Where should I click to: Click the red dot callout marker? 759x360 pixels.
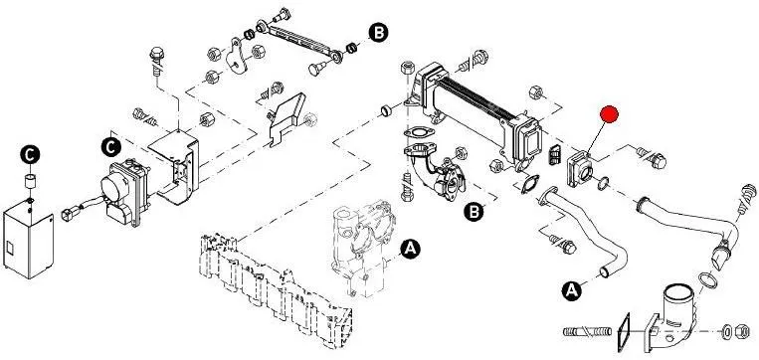coord(609,114)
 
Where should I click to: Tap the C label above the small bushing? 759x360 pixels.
coord(30,155)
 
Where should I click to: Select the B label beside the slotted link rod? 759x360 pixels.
coord(379,33)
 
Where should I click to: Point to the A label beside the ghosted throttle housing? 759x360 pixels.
coord(411,249)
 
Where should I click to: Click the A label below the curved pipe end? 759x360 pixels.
coord(572,290)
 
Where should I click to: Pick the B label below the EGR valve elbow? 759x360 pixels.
coord(474,211)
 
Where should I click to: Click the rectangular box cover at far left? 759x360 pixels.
coord(28,242)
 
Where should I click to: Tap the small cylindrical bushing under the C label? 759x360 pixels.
coord(31,182)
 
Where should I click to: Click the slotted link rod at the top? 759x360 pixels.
coord(299,40)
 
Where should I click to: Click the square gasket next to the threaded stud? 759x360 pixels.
coord(623,332)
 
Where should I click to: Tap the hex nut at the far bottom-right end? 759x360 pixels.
coord(741,332)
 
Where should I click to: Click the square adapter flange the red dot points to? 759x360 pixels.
coord(579,169)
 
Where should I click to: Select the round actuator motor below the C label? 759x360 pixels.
coord(114,187)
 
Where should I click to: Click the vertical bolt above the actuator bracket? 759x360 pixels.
coord(157,61)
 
